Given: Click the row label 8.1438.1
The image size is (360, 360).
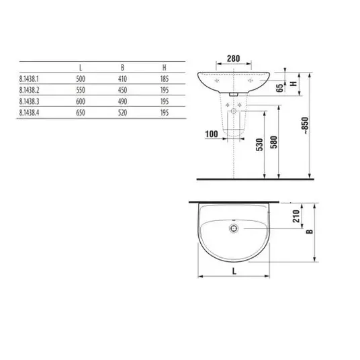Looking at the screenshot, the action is [x=29, y=79].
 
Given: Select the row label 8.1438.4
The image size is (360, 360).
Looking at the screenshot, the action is [x=29, y=113].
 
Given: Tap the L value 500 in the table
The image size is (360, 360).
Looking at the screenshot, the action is [x=81, y=79].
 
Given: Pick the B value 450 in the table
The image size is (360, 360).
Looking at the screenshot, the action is [x=123, y=90].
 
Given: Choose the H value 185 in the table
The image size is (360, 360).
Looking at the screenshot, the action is [x=165, y=79].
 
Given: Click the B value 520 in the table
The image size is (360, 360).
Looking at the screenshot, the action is [x=123, y=113].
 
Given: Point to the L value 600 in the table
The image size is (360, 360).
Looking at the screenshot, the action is [x=81, y=101].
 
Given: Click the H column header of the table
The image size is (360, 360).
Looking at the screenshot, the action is [x=164, y=68].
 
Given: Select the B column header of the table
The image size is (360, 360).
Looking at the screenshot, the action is [x=122, y=68].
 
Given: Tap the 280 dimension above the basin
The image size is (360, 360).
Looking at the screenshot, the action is [x=234, y=58].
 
